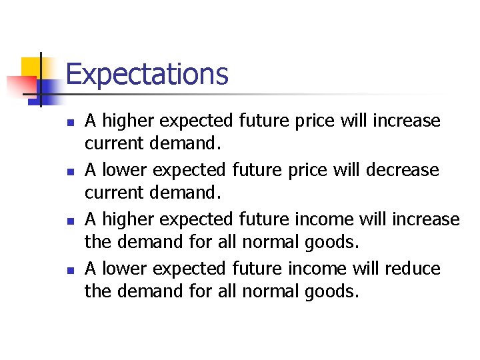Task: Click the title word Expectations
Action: click(147, 74)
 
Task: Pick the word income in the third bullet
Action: click(313, 219)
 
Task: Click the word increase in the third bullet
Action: click(426, 219)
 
